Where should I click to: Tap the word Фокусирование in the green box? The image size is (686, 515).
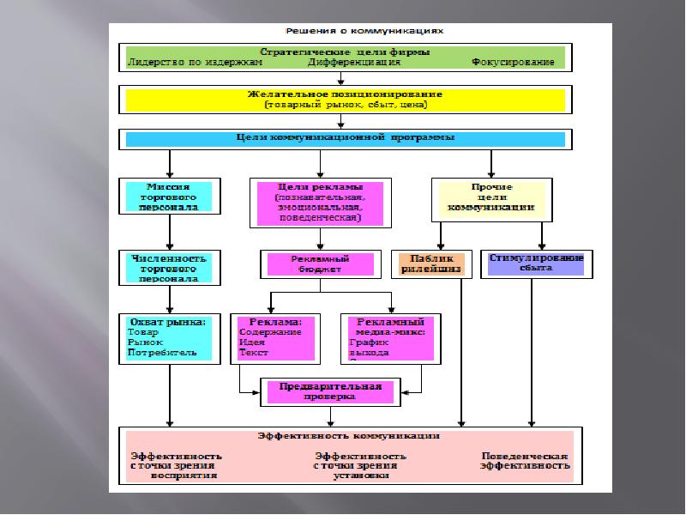[512, 63]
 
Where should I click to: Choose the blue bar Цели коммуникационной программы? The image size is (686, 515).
[345, 138]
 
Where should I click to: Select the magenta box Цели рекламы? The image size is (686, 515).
[320, 203]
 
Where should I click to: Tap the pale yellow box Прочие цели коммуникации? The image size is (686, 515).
[492, 197]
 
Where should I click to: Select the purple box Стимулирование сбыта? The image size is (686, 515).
[536, 263]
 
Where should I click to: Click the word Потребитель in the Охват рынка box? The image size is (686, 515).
[162, 352]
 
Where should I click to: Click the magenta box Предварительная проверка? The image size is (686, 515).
[330, 391]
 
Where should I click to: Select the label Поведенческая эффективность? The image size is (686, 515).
[526, 460]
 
